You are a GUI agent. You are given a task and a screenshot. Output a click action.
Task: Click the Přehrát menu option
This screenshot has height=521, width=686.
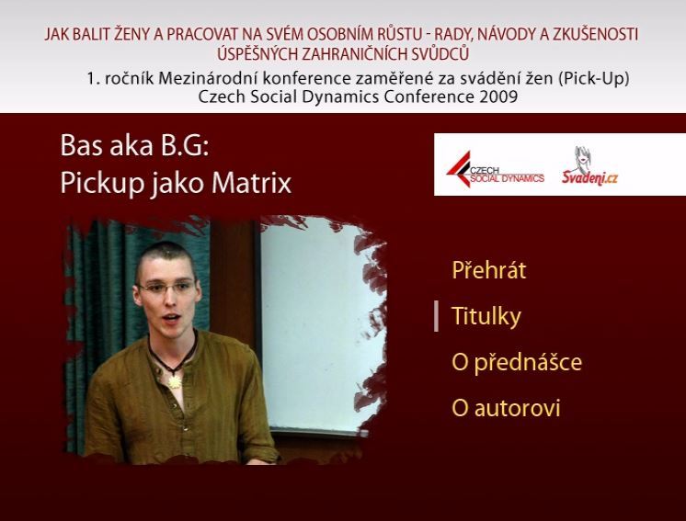(x=488, y=270)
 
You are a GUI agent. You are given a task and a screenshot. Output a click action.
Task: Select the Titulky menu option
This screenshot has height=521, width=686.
(x=486, y=316)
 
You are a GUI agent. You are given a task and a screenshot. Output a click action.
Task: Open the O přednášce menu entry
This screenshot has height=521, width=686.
(x=517, y=362)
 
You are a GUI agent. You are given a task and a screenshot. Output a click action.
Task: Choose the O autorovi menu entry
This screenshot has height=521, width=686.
(x=506, y=408)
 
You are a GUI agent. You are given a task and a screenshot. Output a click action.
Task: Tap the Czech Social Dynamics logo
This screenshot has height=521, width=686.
(x=495, y=170)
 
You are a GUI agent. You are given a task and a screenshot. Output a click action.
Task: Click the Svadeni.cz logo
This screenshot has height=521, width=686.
(x=589, y=166)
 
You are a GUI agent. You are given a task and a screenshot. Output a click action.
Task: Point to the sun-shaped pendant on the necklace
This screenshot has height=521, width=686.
(x=175, y=382)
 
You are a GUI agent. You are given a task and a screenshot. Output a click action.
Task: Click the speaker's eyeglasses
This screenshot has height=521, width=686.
(x=166, y=288)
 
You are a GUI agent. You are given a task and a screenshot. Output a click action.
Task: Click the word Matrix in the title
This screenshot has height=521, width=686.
(x=251, y=183)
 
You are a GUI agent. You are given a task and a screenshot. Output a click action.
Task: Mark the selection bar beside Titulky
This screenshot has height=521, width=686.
(x=436, y=316)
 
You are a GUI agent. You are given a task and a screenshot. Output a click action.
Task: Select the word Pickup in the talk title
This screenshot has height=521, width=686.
(x=102, y=184)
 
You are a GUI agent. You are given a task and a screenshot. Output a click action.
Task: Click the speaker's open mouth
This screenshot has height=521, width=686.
(x=171, y=317)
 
